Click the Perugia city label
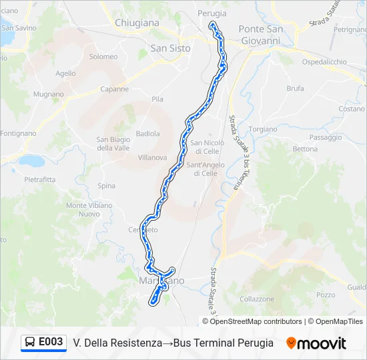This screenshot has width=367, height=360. pyautogui.click(x=212, y=13)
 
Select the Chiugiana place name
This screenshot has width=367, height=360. pyautogui.click(x=137, y=23)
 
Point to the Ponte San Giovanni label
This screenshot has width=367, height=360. pyautogui.click(x=261, y=35)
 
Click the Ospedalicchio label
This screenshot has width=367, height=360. pyautogui.click(x=324, y=62)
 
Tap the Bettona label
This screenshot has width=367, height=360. pyautogui.click(x=305, y=149)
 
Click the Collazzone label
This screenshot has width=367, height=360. pyautogui.click(x=256, y=300)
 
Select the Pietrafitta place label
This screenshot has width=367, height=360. pyautogui.click(x=40, y=180)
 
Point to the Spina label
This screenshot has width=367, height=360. pyautogui.click(x=106, y=186)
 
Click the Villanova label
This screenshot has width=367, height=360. pyautogui.click(x=152, y=158)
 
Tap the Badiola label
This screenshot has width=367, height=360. pyautogui.click(x=147, y=133)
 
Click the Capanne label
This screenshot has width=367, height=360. pyautogui.click(x=114, y=89)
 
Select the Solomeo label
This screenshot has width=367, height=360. pyautogui.click(x=103, y=57)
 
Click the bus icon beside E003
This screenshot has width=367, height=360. pyautogui.click(x=30, y=343)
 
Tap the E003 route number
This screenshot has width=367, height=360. pyautogui.click(x=51, y=343)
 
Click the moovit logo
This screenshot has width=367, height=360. pyautogui.click(x=316, y=343)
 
